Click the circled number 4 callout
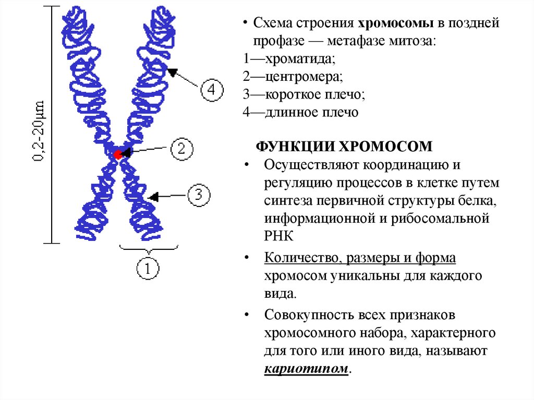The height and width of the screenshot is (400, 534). (x=212, y=89)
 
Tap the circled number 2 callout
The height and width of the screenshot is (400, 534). (x=181, y=149)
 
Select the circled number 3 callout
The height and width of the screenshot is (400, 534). (x=198, y=196)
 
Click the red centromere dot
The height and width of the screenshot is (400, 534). (x=118, y=154)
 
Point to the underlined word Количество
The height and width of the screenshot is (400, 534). (x=297, y=258)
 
